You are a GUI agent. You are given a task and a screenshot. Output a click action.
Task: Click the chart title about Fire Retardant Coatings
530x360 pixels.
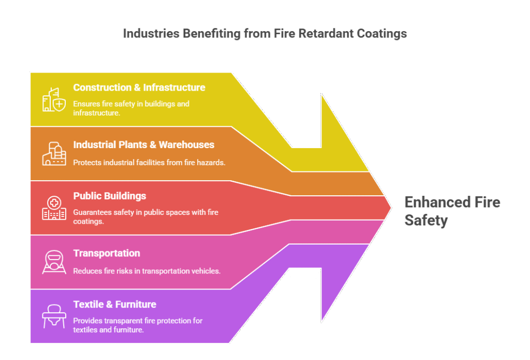[x=264, y=34]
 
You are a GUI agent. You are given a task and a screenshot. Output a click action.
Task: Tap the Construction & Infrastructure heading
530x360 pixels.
[x=139, y=88]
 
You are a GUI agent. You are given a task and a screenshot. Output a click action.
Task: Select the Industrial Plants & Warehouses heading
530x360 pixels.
[x=143, y=145]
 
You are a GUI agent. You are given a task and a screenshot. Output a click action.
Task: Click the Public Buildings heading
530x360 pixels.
[x=110, y=196]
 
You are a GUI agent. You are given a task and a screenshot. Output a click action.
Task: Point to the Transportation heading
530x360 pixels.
[x=107, y=253]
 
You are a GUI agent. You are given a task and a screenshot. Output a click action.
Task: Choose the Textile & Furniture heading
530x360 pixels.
[x=114, y=304]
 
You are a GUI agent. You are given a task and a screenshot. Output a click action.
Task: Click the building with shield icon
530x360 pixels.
[x=54, y=99]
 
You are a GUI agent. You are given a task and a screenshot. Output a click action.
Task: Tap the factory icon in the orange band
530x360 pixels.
[x=54, y=154]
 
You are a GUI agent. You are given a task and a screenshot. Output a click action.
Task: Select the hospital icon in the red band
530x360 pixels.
[x=54, y=208]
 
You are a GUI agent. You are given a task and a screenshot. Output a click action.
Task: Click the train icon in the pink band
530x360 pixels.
[x=54, y=262]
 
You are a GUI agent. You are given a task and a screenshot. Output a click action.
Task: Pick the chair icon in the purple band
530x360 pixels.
[x=54, y=316]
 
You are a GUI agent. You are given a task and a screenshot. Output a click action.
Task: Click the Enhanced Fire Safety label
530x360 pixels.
[x=451, y=211]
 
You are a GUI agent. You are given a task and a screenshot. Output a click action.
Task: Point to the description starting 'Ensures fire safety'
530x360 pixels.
[x=131, y=108]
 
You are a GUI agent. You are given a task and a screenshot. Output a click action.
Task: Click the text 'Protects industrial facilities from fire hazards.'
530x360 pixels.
[x=150, y=162]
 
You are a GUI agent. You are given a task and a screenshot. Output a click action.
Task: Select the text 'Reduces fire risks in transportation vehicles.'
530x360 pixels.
[x=146, y=270]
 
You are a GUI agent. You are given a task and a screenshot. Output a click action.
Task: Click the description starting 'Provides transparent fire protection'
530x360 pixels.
[x=138, y=325]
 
